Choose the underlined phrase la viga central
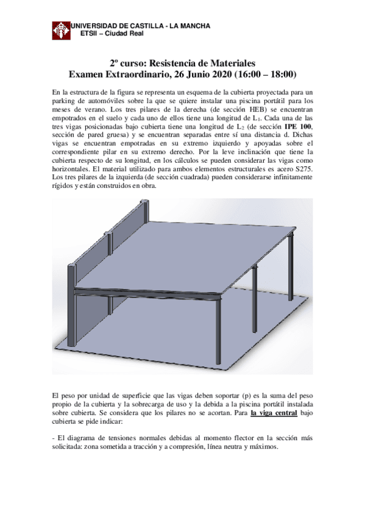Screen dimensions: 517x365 (x=274, y=412)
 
